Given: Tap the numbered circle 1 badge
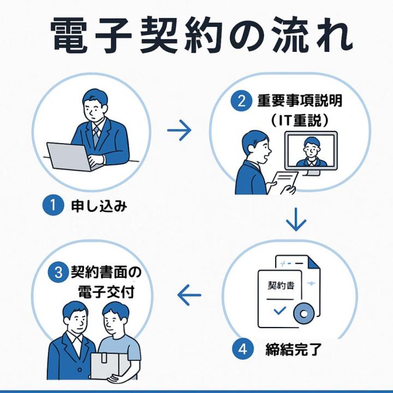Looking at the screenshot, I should pyautogui.click(x=50, y=207).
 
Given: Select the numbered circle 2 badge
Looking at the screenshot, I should pyautogui.click(x=238, y=102).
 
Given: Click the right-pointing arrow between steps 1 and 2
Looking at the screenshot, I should pyautogui.click(x=179, y=130).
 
